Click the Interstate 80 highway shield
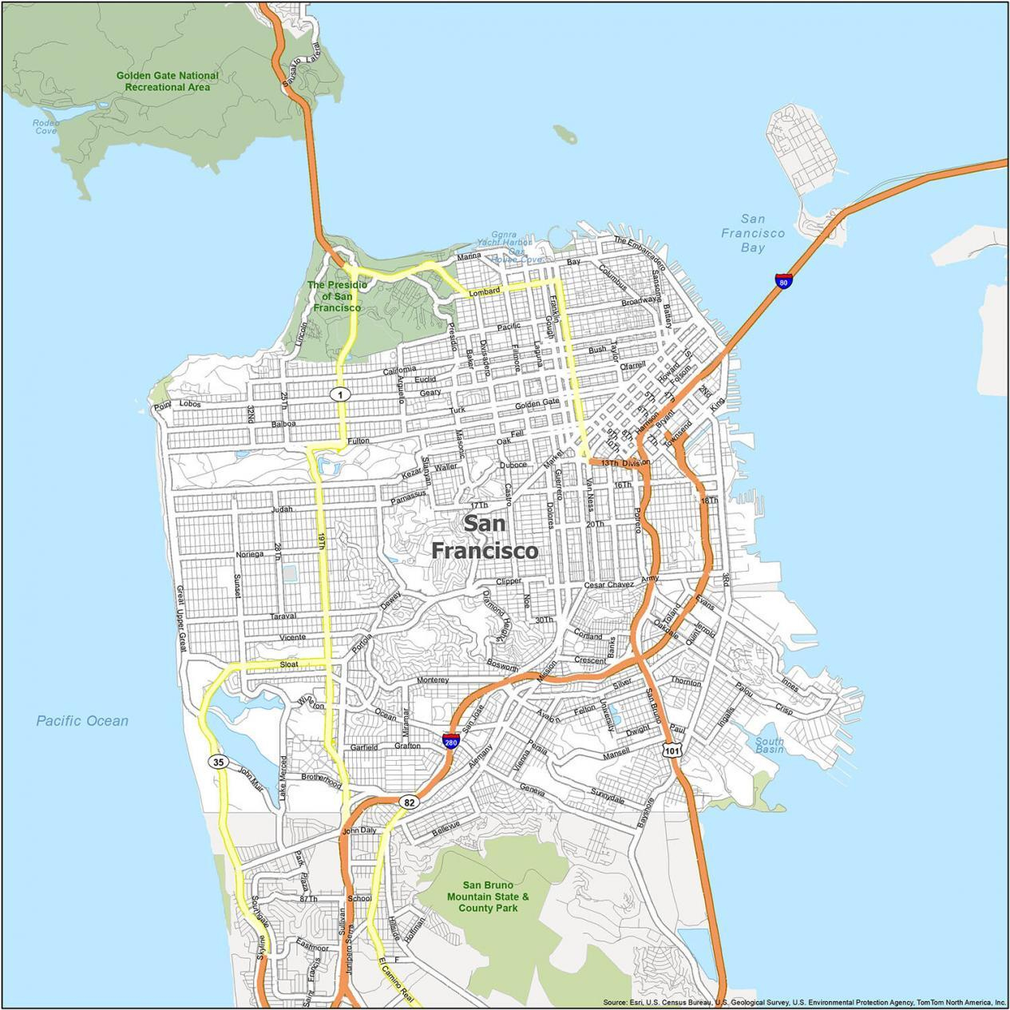click(x=783, y=281)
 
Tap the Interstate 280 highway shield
click(x=451, y=740)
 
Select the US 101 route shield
click(x=671, y=750)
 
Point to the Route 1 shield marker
click(x=341, y=394)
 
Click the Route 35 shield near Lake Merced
click(x=219, y=762)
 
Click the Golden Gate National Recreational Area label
click(x=167, y=81)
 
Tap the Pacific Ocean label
click(x=81, y=721)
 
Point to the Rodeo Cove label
click(x=46, y=126)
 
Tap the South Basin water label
click(x=769, y=745)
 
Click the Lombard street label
click(x=484, y=292)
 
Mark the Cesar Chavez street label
click(x=608, y=584)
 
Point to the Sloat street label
click(x=288, y=663)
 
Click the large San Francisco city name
click(x=484, y=537)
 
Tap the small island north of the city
click(x=564, y=133)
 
